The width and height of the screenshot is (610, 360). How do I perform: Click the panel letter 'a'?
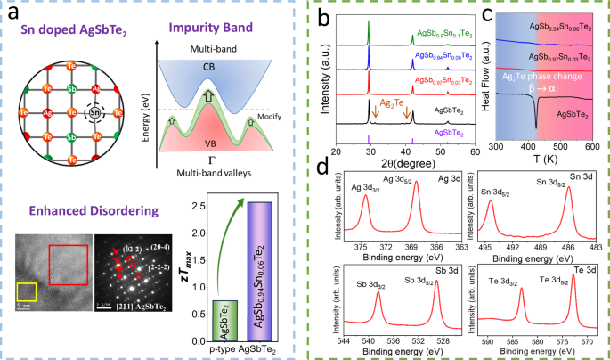(15, 13)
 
